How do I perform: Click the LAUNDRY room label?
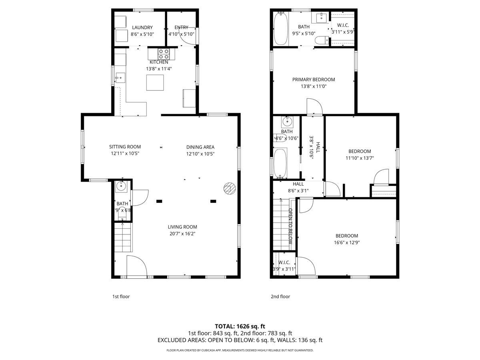click(142, 28)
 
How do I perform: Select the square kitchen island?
click(155, 83)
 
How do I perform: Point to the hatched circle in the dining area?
click(229, 188)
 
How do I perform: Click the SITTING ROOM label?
click(125, 147)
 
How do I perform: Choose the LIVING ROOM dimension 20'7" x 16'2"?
click(182, 234)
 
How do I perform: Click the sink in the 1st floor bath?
click(121, 186)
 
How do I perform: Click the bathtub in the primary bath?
click(280, 29)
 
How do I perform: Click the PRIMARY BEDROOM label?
click(313, 80)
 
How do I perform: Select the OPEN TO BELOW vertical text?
click(291, 226)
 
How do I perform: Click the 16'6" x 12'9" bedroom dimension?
click(346, 242)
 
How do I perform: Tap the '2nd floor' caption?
click(280, 296)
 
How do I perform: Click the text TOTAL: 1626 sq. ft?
click(240, 326)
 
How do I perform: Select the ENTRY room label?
click(181, 28)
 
